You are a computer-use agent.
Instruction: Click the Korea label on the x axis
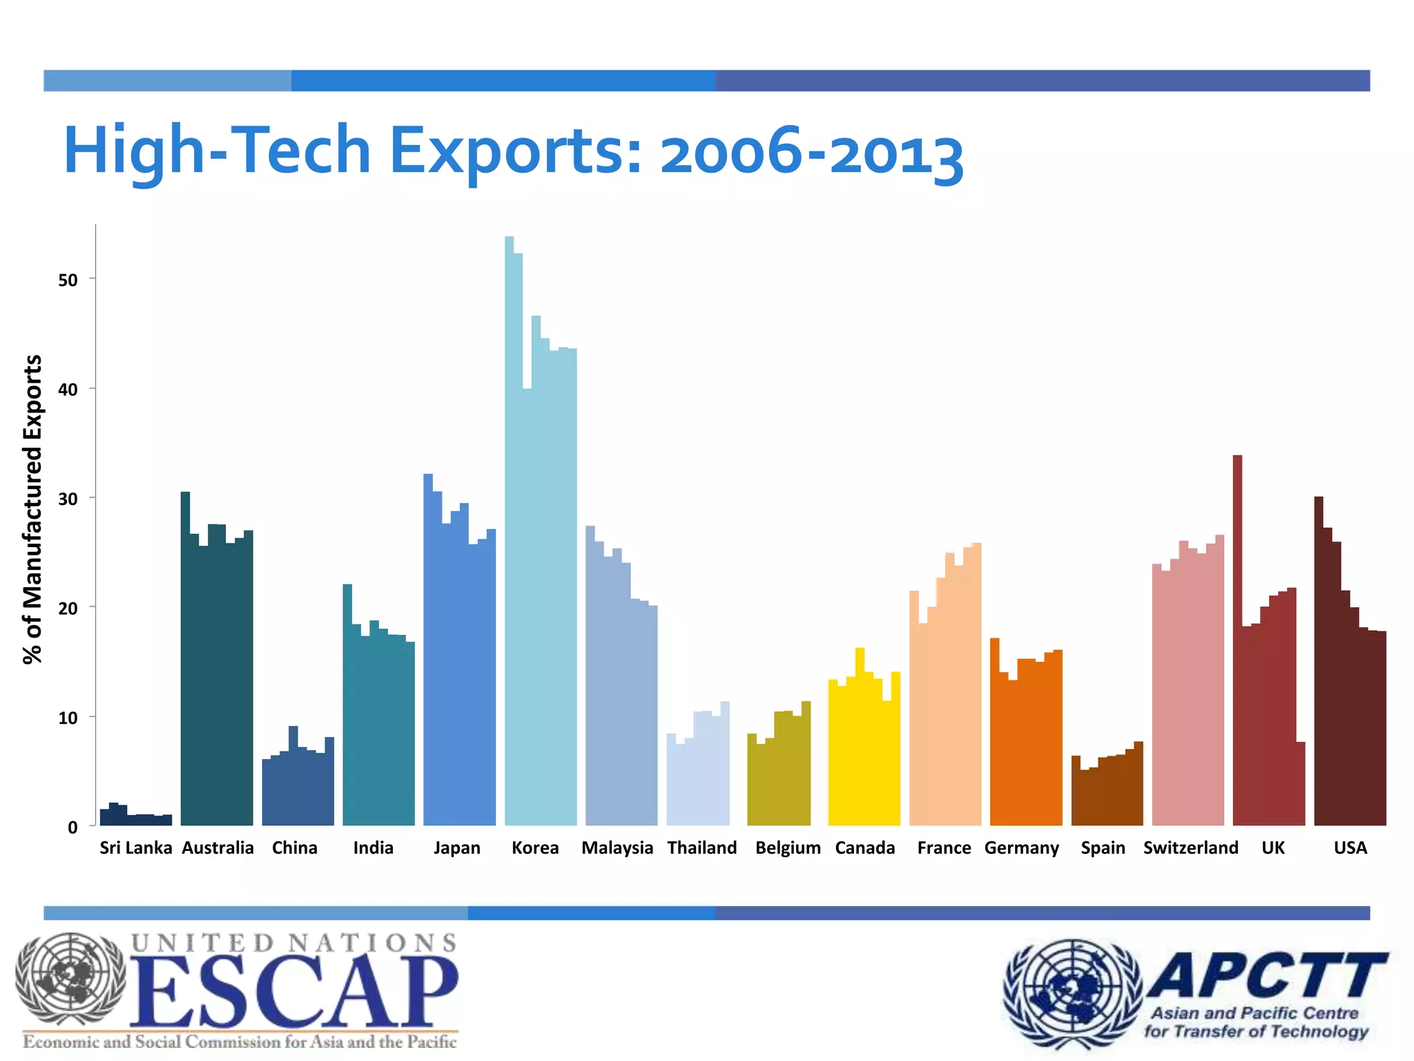click(x=535, y=848)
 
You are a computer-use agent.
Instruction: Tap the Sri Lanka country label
click(x=135, y=848)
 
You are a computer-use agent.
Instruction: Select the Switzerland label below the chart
click(x=1190, y=848)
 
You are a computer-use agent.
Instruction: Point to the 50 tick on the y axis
click(x=68, y=280)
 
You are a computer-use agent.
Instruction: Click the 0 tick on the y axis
click(x=72, y=828)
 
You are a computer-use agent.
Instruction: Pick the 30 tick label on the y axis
click(x=68, y=499)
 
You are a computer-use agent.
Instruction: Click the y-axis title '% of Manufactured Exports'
click(x=32, y=510)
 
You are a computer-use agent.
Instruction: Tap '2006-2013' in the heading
click(x=811, y=153)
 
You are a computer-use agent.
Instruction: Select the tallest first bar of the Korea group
click(x=509, y=532)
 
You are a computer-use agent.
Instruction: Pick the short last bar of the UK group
click(x=1300, y=784)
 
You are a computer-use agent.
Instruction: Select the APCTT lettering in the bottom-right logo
click(x=1267, y=975)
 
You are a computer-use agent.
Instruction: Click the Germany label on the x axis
click(x=1021, y=848)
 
